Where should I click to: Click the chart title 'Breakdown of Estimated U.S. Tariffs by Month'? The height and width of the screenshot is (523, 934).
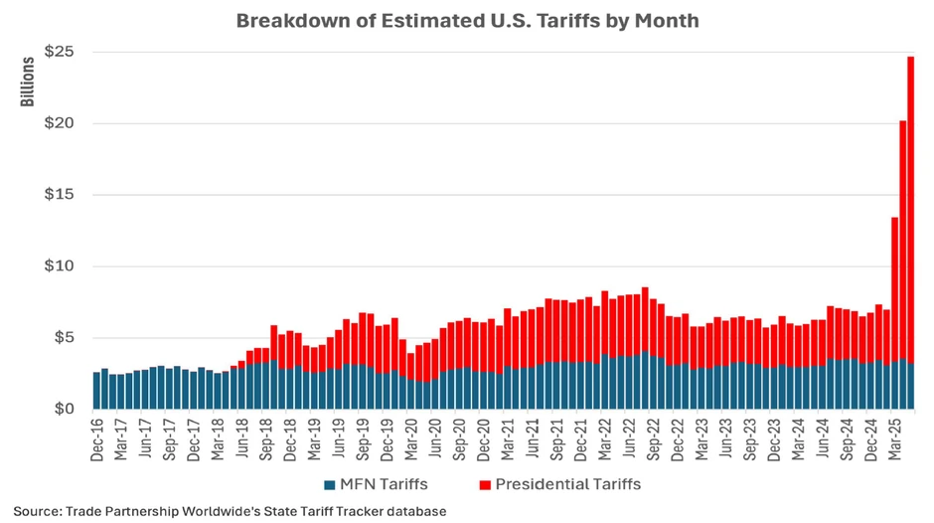tap(466, 21)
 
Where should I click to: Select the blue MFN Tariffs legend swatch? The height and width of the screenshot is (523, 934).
tap(329, 485)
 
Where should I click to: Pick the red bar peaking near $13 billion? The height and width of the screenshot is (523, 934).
tap(895, 288)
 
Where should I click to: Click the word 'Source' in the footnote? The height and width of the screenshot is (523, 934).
tap(36, 511)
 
